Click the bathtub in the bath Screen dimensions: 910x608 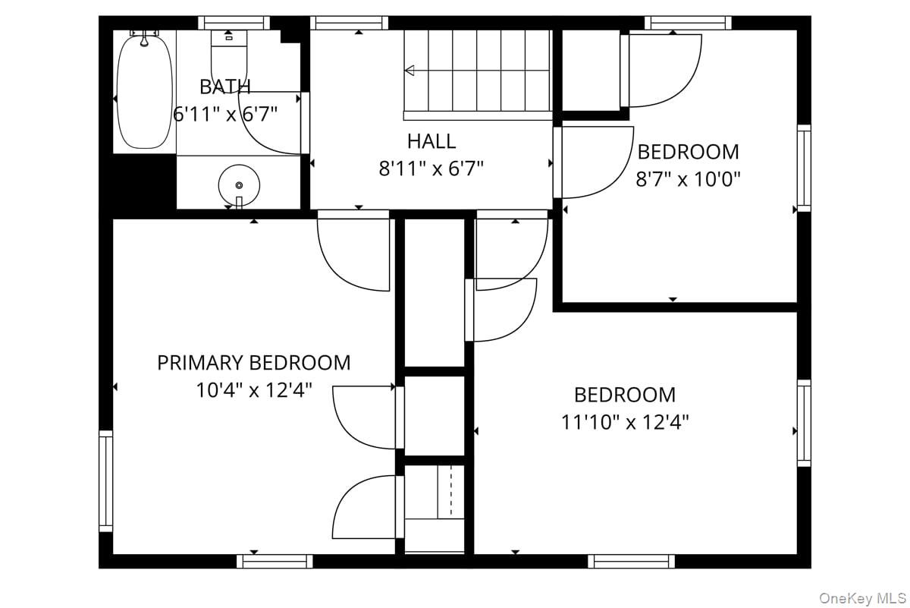145,93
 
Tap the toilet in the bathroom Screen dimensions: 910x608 229,61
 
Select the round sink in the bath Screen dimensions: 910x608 239,185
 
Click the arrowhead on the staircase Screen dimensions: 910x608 409,71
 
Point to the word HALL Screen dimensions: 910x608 431,141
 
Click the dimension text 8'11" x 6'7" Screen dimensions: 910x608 431,169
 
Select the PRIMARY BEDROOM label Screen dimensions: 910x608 254,363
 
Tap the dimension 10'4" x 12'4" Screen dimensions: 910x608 254,390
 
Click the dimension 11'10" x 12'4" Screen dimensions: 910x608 625,422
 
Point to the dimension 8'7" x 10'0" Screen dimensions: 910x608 689,179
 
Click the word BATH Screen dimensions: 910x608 225,87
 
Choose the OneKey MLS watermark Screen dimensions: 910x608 862,598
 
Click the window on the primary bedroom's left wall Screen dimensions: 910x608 105,481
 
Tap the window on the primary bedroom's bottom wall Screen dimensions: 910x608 275,561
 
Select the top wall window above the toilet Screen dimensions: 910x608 234,23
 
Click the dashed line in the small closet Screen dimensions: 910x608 450,491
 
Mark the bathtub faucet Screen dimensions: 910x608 144,39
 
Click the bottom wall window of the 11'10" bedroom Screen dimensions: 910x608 631,561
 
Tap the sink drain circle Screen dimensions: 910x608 240,185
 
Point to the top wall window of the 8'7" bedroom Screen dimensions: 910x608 689,23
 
